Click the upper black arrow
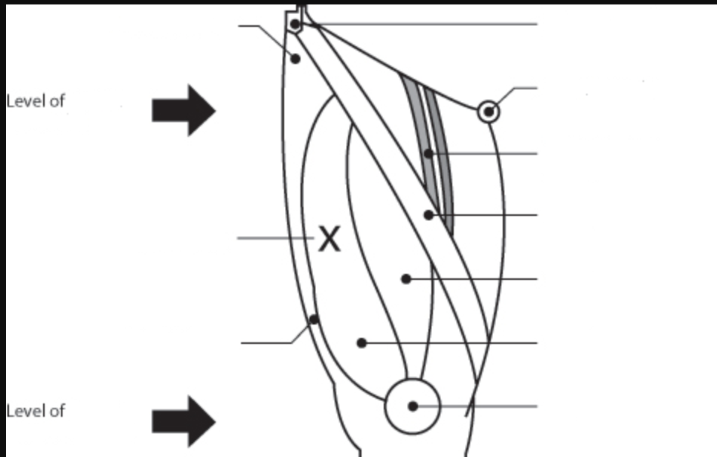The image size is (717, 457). click(183, 110)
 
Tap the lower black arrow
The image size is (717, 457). click(183, 421)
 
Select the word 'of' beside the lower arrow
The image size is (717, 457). click(57, 410)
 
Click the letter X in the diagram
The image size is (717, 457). click(329, 239)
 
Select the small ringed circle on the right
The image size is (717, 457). click(489, 112)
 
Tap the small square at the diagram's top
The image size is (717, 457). click(295, 24)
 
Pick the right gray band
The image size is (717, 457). click(442, 156)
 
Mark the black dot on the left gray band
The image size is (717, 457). click(428, 154)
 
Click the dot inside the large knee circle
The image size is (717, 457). click(413, 406)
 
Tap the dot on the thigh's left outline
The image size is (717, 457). click(314, 320)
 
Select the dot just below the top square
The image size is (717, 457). click(295, 58)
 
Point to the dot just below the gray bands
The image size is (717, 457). click(428, 215)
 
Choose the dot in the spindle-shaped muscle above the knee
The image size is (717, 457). click(406, 279)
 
